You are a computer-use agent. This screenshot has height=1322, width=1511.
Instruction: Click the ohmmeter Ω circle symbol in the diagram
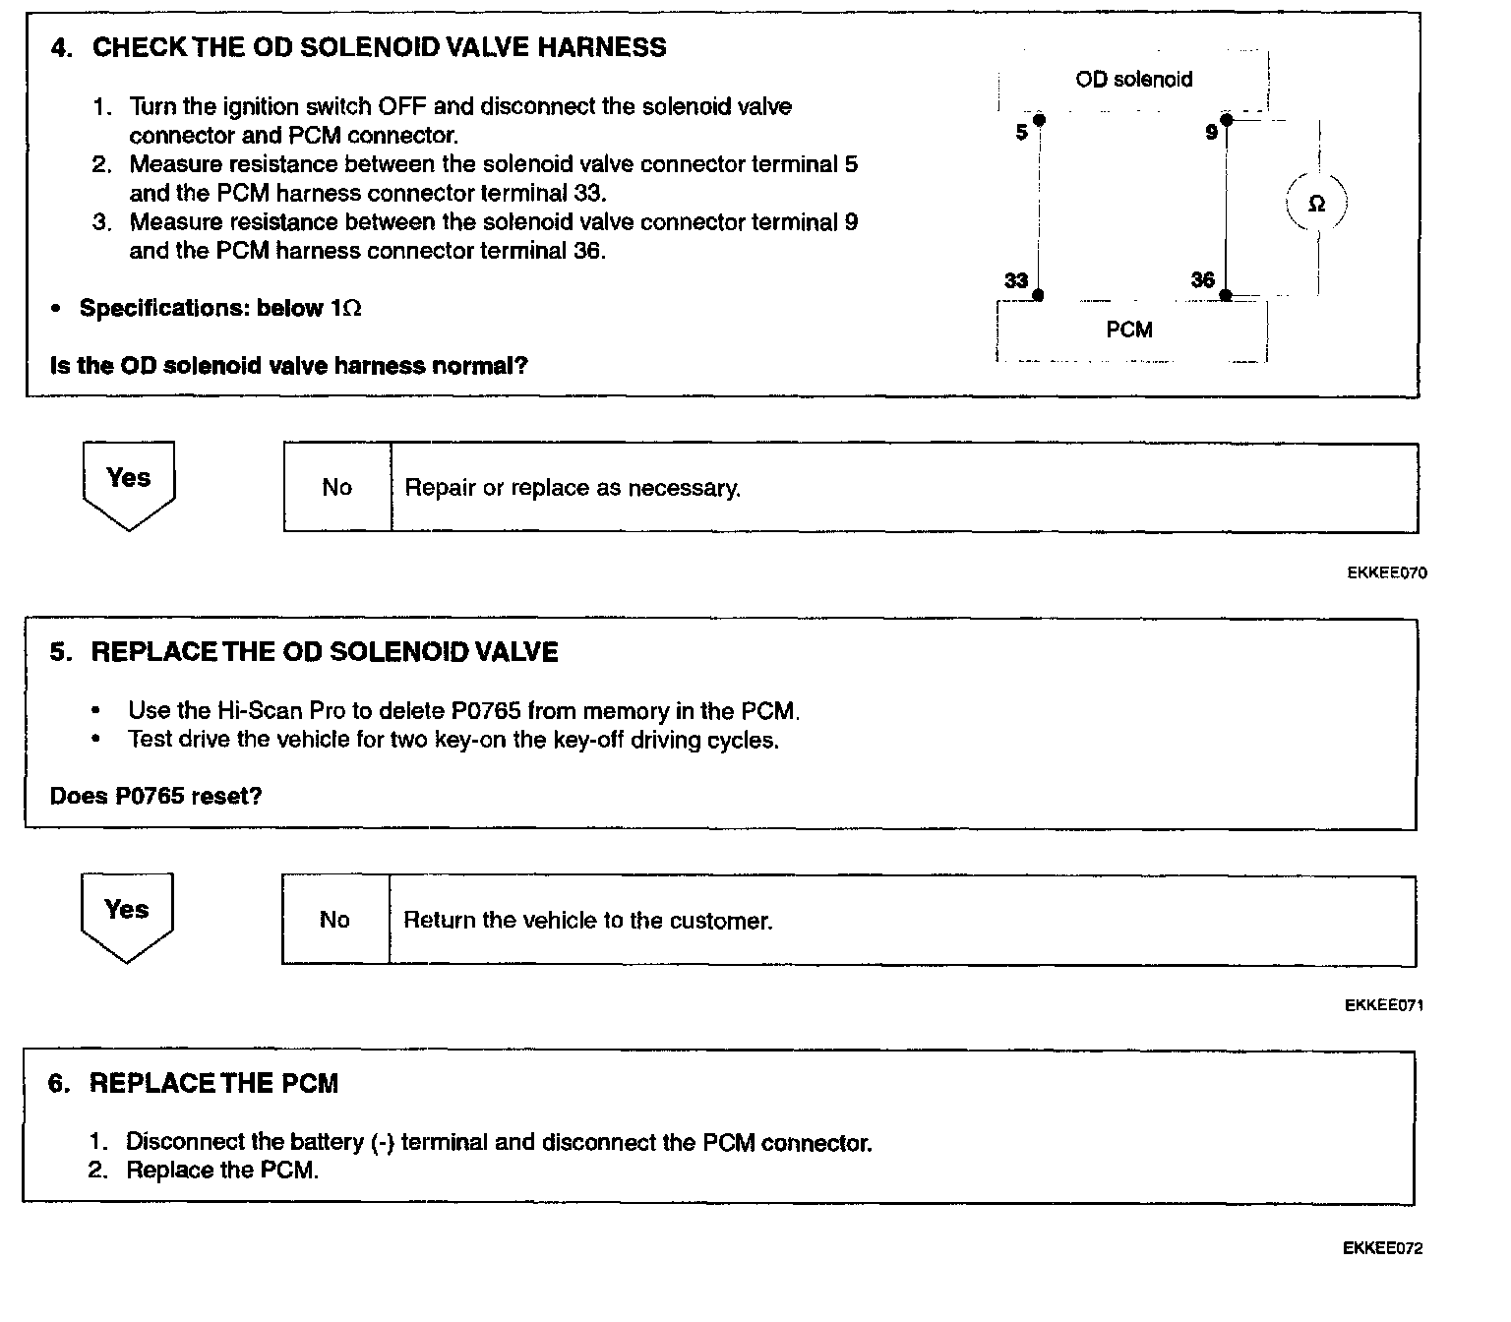[x=1316, y=204]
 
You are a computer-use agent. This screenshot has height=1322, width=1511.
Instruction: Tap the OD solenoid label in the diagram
[x=1133, y=80]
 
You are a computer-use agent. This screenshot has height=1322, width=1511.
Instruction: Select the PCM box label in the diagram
[x=1129, y=330]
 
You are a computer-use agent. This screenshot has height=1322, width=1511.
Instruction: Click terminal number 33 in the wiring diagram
[x=1016, y=281]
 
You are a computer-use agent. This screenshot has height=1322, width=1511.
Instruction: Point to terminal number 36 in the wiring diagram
[x=1202, y=280]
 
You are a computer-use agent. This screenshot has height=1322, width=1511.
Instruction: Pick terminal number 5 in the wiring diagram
[x=1022, y=133]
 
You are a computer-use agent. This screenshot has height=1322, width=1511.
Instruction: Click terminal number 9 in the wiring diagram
[x=1212, y=133]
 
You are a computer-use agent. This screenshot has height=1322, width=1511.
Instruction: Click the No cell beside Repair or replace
[x=336, y=488]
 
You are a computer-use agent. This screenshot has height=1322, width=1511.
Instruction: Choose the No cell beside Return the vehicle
[x=334, y=920]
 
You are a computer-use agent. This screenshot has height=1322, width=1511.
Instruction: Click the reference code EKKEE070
[x=1386, y=572]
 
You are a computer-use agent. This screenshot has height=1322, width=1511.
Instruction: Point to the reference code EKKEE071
[x=1384, y=1005]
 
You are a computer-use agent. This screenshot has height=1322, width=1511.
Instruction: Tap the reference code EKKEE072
[x=1382, y=1249]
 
